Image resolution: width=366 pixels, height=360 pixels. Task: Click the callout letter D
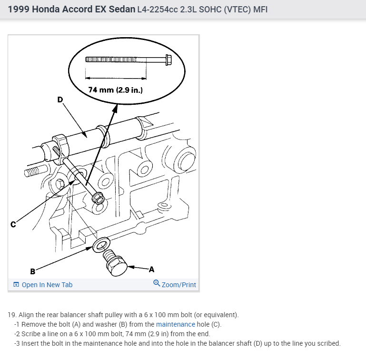(x=60, y=99)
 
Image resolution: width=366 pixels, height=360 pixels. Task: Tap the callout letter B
(x=32, y=272)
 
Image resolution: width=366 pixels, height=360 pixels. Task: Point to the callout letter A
(x=151, y=270)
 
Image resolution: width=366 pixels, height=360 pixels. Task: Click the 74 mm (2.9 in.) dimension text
(x=116, y=90)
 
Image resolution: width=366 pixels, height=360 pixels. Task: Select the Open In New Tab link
(x=47, y=285)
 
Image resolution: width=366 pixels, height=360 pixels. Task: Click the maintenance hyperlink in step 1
(x=176, y=325)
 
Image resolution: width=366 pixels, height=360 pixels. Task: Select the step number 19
(x=12, y=315)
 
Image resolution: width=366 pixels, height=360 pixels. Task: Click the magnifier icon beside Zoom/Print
(x=157, y=284)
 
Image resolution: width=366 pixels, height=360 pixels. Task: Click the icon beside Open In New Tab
(x=16, y=285)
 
